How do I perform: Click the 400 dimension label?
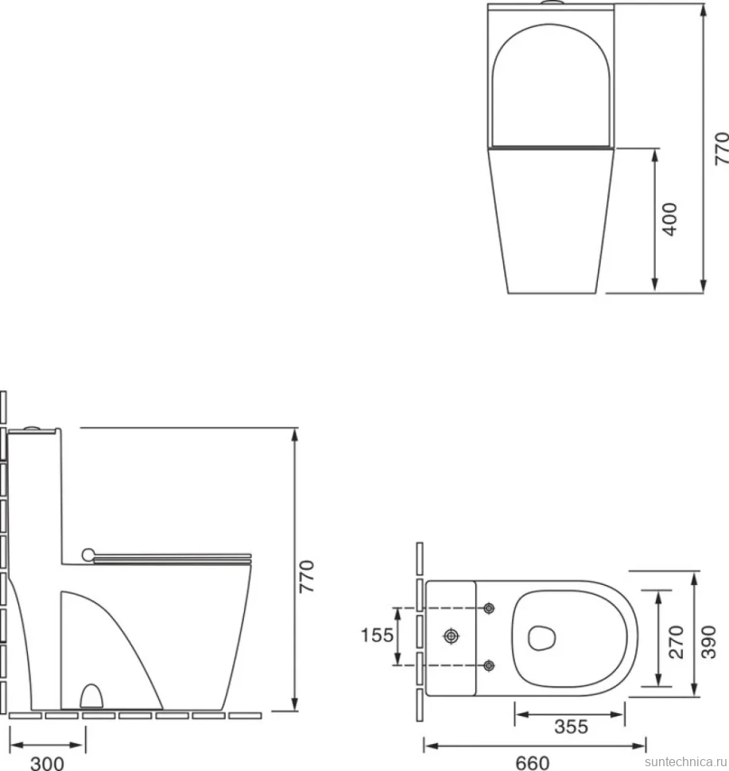click(x=670, y=219)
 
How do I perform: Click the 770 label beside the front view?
click(x=722, y=148)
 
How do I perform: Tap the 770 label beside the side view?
click(x=306, y=575)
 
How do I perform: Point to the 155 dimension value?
click(x=378, y=635)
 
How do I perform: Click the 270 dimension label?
click(x=677, y=641)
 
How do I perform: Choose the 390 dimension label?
click(x=708, y=641)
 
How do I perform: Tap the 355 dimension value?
click(x=571, y=726)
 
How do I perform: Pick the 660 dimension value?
click(x=532, y=762)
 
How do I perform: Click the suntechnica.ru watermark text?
click(x=686, y=761)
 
